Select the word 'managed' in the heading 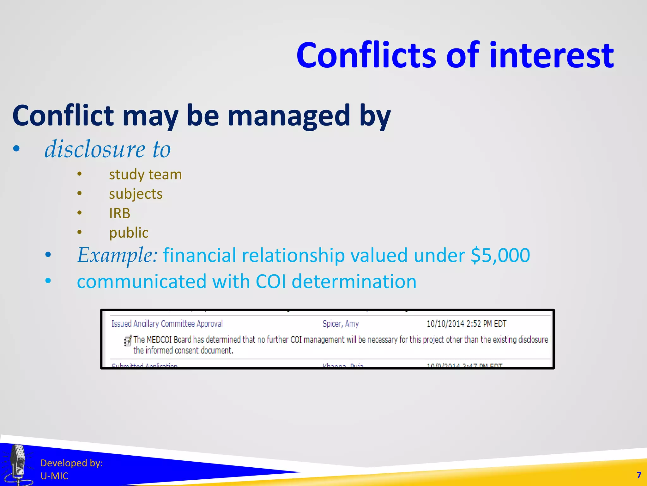(288, 116)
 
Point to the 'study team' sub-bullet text (145, 175)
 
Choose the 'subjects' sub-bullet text (136, 194)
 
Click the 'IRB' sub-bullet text (119, 213)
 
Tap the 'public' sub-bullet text (129, 233)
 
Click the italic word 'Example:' (117, 255)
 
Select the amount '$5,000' (500, 255)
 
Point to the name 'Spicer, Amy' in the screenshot (341, 324)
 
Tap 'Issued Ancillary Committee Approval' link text (167, 324)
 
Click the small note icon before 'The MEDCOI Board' (128, 340)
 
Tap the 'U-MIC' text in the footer (54, 476)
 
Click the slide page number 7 (639, 475)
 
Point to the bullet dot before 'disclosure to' (16, 149)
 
